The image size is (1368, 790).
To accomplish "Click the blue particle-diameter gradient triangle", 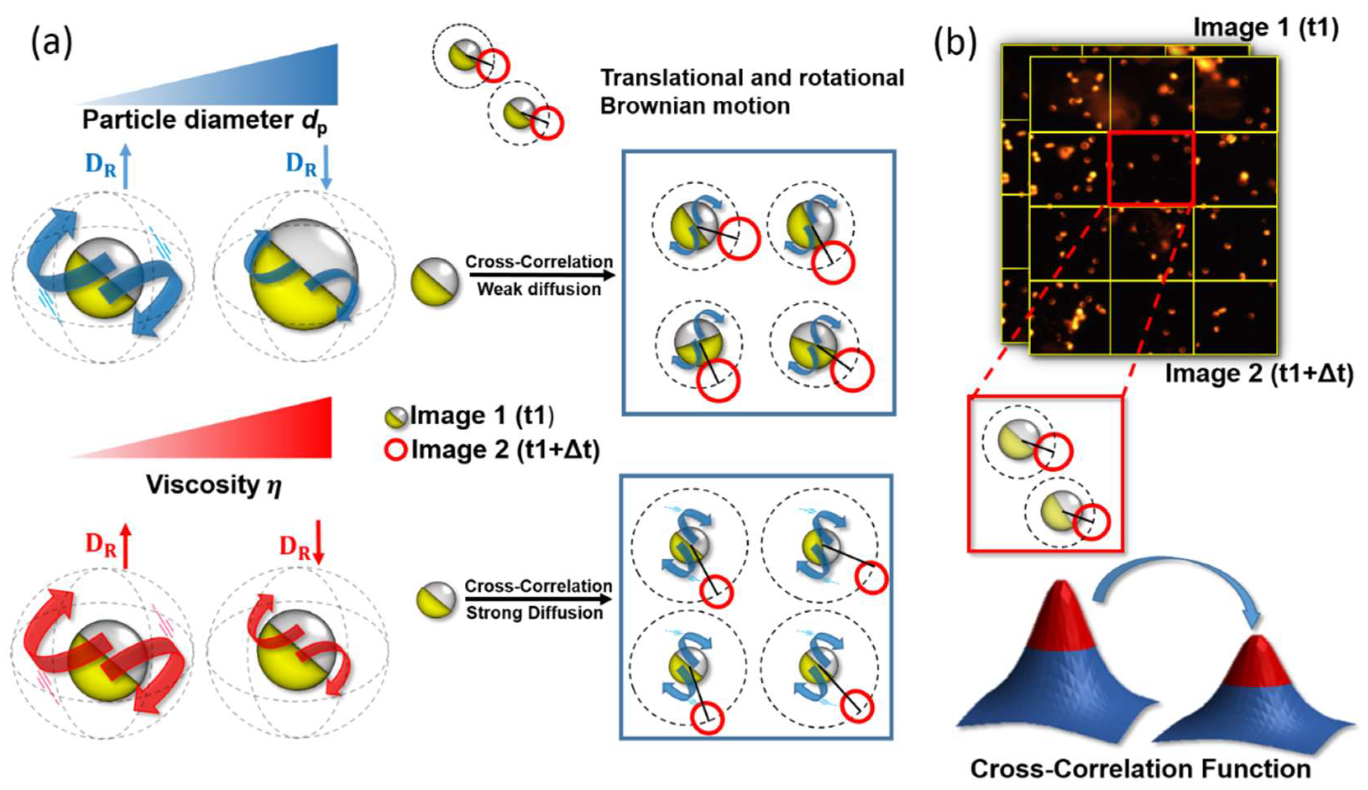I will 271,81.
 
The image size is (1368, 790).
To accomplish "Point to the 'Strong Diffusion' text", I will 535,613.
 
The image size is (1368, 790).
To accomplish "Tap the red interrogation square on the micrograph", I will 1150,168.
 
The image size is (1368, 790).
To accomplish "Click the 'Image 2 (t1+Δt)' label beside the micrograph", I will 1259,374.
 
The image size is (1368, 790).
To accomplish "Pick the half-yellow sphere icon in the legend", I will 396,416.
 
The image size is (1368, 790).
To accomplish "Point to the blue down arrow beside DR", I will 326,170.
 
